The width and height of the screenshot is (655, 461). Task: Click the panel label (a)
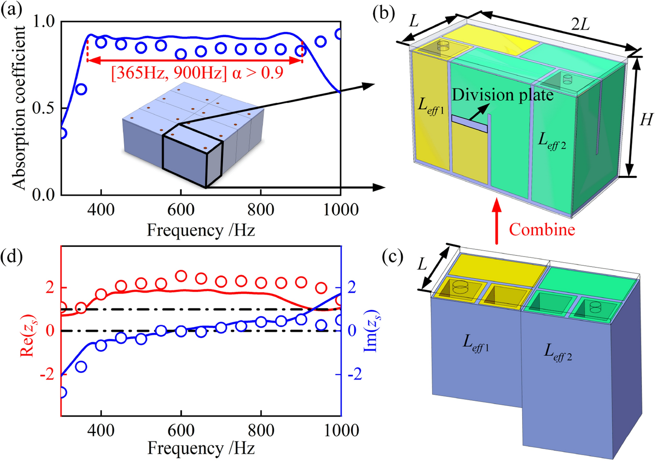(11, 9)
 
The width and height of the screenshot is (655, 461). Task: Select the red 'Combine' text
(542, 230)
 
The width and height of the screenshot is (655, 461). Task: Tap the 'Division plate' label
(502, 95)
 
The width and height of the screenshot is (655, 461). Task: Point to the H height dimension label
(645, 119)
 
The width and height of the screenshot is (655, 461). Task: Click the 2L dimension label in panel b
(580, 25)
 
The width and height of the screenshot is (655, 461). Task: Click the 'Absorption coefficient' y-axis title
(19, 108)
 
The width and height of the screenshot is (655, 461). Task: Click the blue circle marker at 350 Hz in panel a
(81, 89)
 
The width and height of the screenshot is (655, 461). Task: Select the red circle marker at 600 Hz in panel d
(181, 276)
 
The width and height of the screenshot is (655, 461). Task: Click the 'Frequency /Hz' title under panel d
(201, 448)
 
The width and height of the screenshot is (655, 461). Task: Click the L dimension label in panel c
(422, 264)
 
